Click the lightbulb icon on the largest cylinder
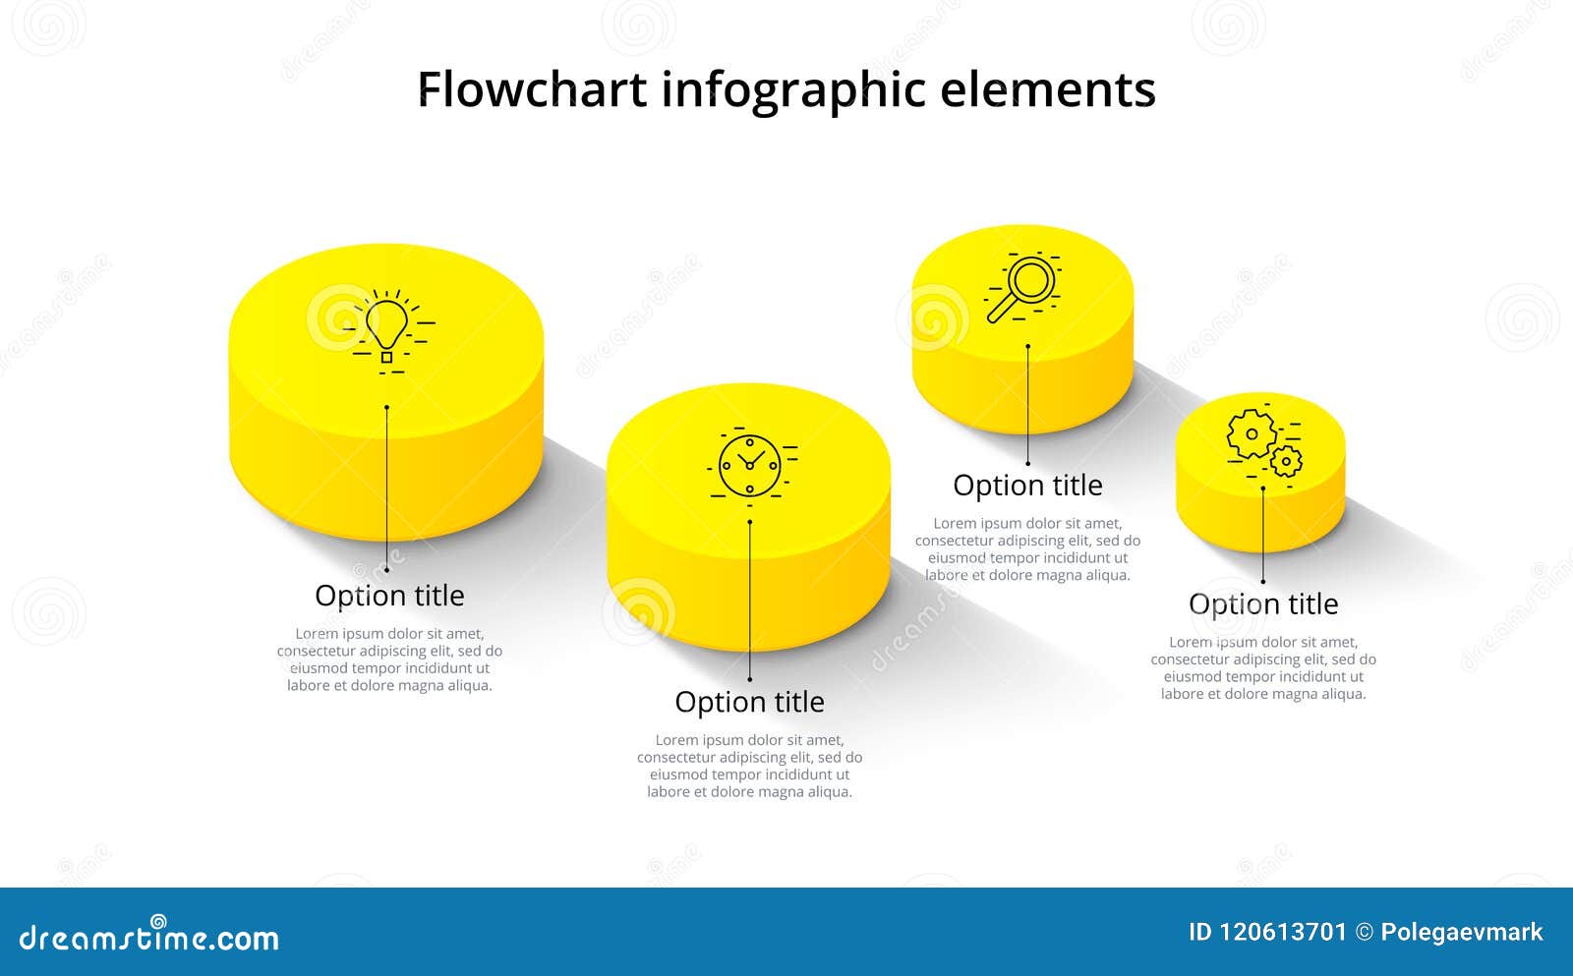tap(386, 327)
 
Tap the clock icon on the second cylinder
tap(749, 465)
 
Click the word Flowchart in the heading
tap(532, 90)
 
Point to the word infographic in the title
tap(793, 90)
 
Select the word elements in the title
tap(1048, 90)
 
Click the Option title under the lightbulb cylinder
tap(389, 596)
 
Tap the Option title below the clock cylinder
tap(749, 702)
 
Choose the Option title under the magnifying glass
tap(1027, 486)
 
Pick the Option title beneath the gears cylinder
tap(1263, 603)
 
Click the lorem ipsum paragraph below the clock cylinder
tap(749, 766)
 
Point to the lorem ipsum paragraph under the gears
tap(1263, 667)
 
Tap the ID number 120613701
tap(1283, 933)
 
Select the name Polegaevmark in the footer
tap(1461, 933)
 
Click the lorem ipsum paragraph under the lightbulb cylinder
tap(389, 660)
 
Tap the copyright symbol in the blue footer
tap(1364, 933)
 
